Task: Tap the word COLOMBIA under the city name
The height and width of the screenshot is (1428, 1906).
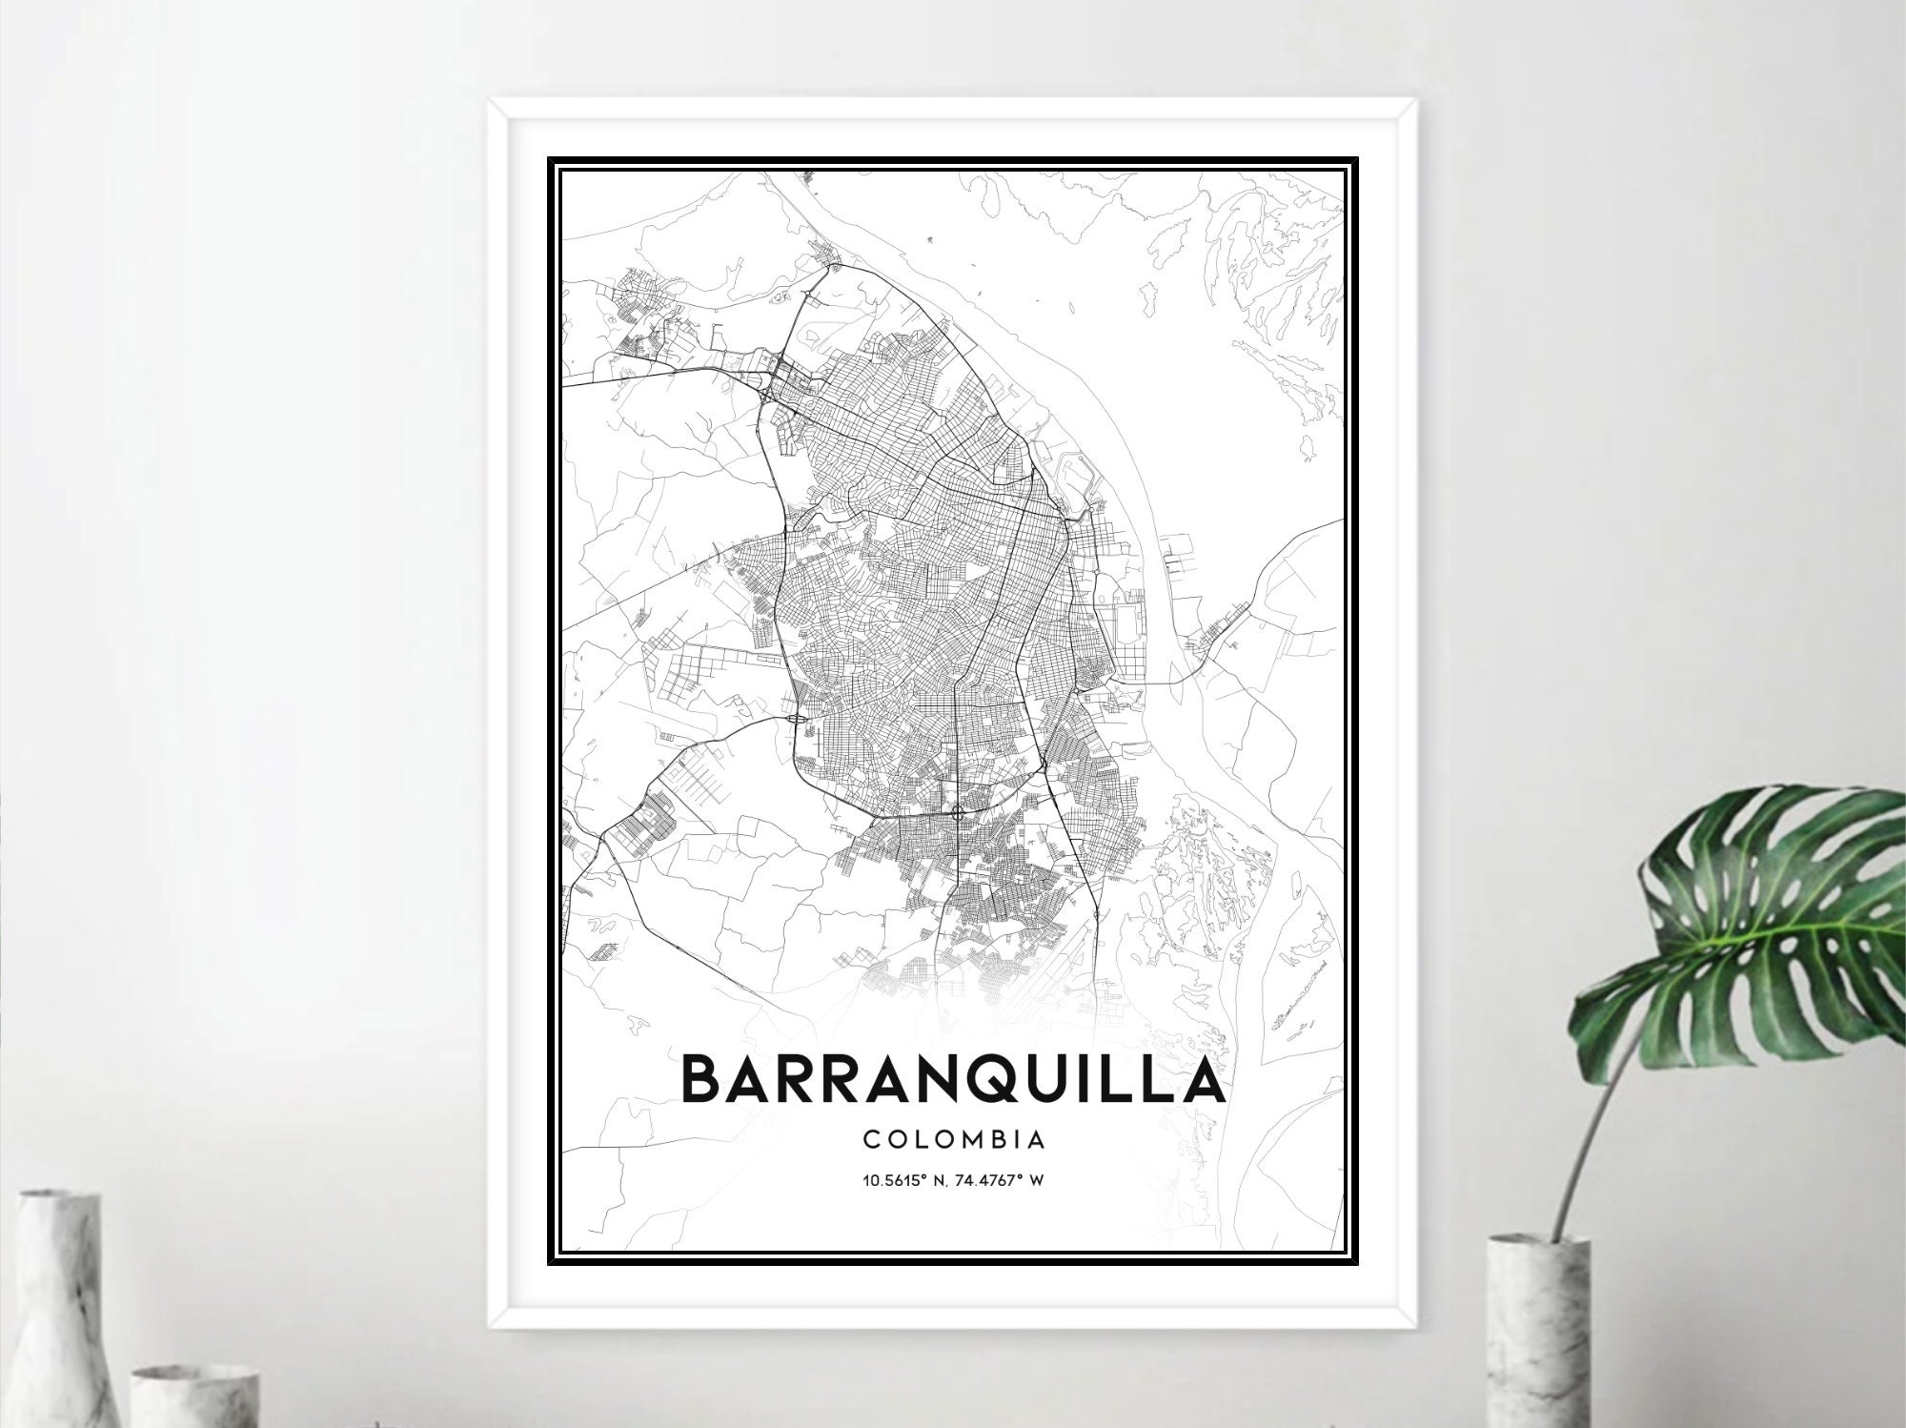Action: (x=952, y=1139)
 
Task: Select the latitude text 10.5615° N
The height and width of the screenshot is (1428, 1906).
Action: (x=906, y=1180)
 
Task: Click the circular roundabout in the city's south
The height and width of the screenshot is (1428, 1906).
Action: (x=957, y=812)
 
